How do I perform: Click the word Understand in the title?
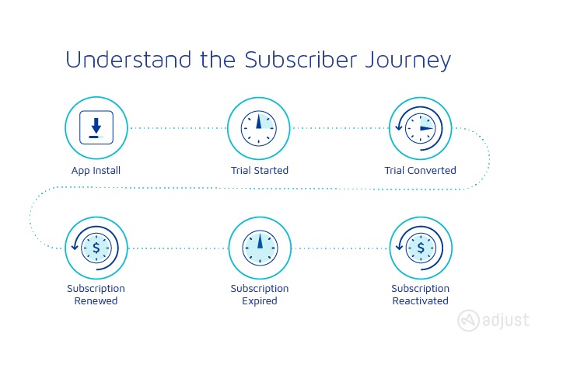(x=128, y=60)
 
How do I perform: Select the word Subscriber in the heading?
(x=300, y=60)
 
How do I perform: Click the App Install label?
(x=96, y=171)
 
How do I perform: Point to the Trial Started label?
(x=260, y=170)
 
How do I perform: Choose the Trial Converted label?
(x=420, y=170)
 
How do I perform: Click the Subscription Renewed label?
(x=96, y=294)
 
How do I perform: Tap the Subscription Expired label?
(x=260, y=294)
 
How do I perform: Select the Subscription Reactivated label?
(x=420, y=294)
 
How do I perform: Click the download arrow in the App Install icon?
(x=96, y=126)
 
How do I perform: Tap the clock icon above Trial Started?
(x=259, y=128)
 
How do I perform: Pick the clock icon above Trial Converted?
(x=421, y=128)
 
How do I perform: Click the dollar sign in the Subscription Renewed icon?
(x=96, y=248)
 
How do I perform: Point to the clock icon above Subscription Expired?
(x=260, y=248)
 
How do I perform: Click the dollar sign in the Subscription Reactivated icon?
(x=421, y=248)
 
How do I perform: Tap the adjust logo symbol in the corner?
(x=468, y=321)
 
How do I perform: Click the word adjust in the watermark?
(x=505, y=321)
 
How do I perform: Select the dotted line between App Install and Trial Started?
(x=178, y=128)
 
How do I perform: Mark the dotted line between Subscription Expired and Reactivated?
(x=341, y=248)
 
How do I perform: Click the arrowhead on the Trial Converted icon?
(x=399, y=127)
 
